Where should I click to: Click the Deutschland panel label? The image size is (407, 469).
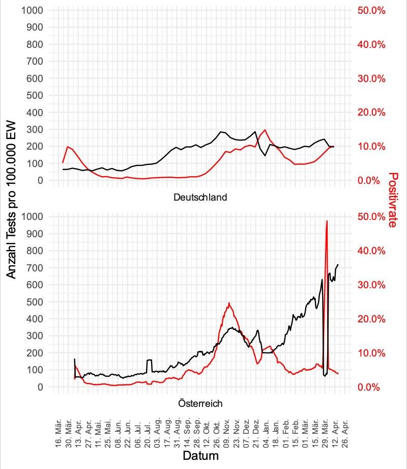pyautogui.click(x=200, y=197)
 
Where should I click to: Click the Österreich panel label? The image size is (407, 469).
pyautogui.click(x=200, y=403)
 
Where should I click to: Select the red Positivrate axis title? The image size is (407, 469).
pyautogui.click(x=393, y=199)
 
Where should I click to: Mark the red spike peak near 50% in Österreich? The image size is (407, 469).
pyautogui.click(x=327, y=221)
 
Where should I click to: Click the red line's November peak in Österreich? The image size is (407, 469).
pyautogui.click(x=229, y=303)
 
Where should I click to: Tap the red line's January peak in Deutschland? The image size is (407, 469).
pyautogui.click(x=265, y=130)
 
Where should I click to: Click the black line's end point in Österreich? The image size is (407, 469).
pyautogui.click(x=338, y=265)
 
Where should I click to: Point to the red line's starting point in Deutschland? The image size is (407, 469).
pyautogui.click(x=63, y=162)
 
